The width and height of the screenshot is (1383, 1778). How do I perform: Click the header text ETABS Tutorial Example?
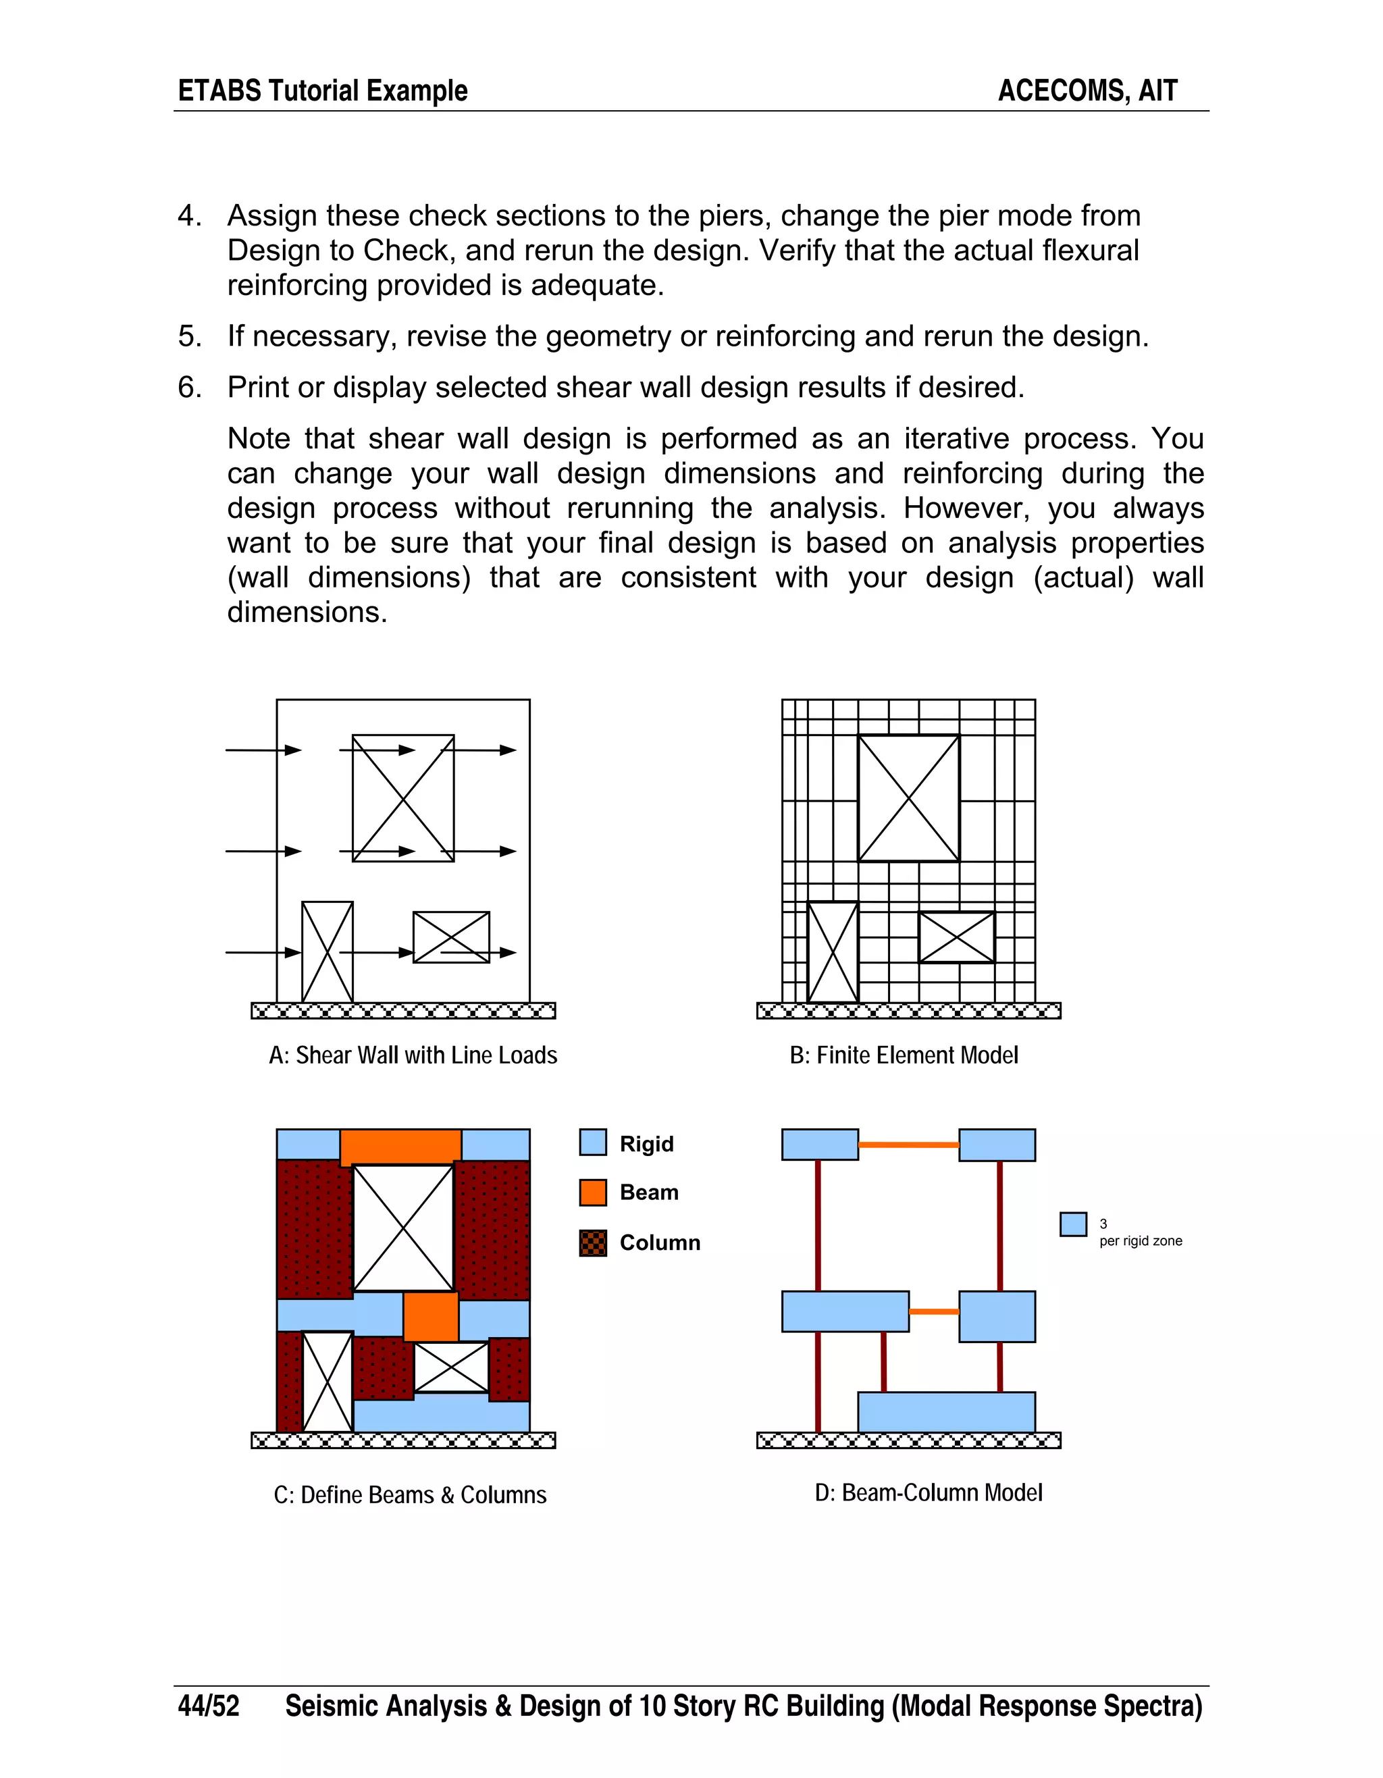coord(322,90)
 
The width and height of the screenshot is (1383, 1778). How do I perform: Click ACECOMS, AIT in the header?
coord(1087,90)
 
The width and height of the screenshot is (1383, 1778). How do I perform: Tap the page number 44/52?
coord(209,1706)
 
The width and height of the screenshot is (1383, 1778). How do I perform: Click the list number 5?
coord(189,336)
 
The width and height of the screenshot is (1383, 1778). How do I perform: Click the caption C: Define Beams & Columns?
coord(411,1494)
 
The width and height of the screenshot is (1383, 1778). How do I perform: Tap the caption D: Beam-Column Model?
coord(928,1492)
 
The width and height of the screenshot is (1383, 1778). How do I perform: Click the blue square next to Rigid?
coord(593,1142)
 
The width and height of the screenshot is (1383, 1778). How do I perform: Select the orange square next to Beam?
coord(593,1192)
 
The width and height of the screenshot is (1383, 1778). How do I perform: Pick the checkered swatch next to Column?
coord(593,1243)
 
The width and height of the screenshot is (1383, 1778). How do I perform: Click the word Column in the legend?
coord(659,1243)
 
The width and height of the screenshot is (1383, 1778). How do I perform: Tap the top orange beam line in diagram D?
coord(908,1145)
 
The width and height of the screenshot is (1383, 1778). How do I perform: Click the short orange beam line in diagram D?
coord(934,1311)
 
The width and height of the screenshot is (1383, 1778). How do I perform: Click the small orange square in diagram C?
coord(431,1316)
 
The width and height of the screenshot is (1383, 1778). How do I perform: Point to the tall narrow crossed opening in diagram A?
coord(328,951)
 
